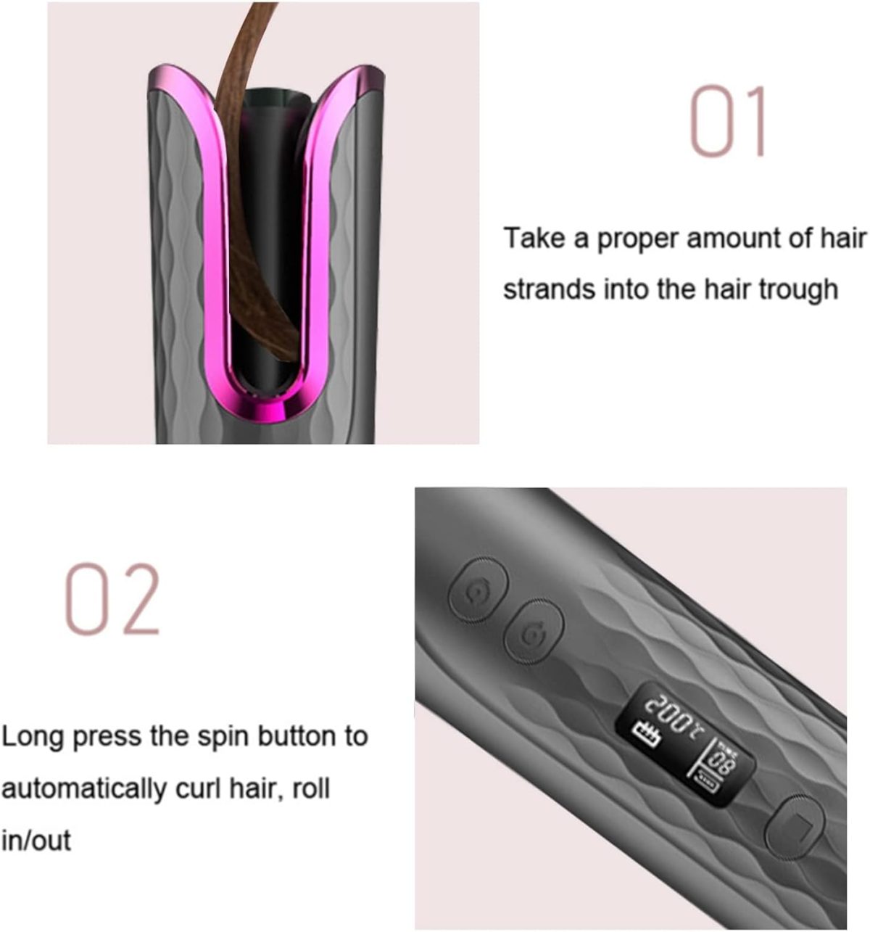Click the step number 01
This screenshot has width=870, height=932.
[727, 120]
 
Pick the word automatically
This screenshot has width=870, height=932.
[83, 789]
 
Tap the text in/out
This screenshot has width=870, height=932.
[36, 840]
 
